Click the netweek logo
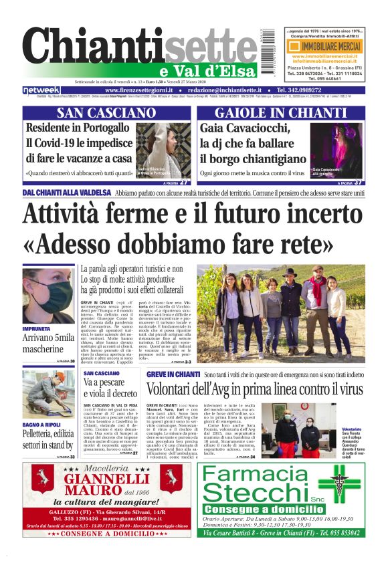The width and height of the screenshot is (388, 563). pos(41,90)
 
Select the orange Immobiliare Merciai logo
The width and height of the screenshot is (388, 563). pos(323,48)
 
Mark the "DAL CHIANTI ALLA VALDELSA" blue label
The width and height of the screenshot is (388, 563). pos(66,193)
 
